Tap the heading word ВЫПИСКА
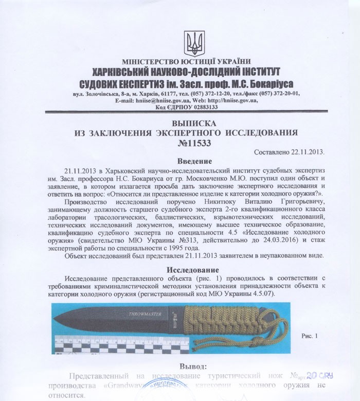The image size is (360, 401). click(179, 124)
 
